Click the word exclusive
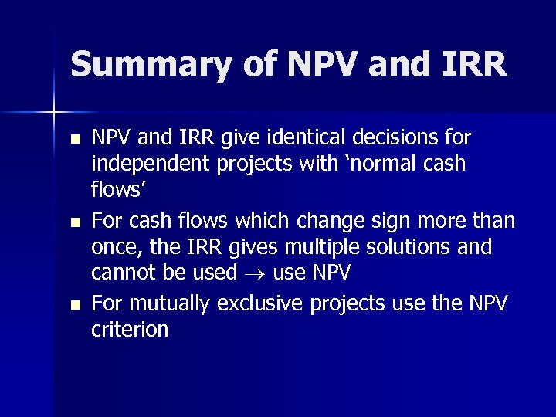263,303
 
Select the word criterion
130,330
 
